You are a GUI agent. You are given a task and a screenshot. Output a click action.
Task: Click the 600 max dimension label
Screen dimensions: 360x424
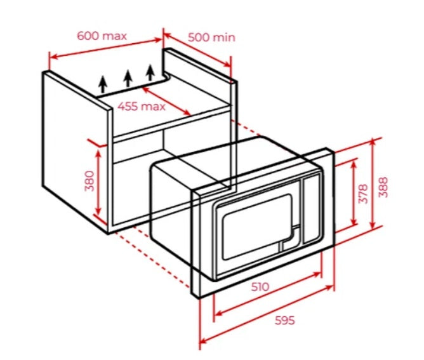pyautogui.click(x=102, y=36)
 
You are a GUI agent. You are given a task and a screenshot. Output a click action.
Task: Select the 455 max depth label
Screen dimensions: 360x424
pyautogui.click(x=141, y=106)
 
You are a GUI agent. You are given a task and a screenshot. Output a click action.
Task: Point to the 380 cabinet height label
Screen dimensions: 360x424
pyautogui.click(x=89, y=181)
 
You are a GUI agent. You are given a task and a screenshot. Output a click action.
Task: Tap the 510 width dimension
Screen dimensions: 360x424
pyautogui.click(x=260, y=286)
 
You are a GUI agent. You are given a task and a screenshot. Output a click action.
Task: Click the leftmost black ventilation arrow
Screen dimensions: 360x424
pyautogui.click(x=103, y=84)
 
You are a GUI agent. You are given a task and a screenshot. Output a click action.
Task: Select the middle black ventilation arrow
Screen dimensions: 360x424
pyautogui.click(x=128, y=77)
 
